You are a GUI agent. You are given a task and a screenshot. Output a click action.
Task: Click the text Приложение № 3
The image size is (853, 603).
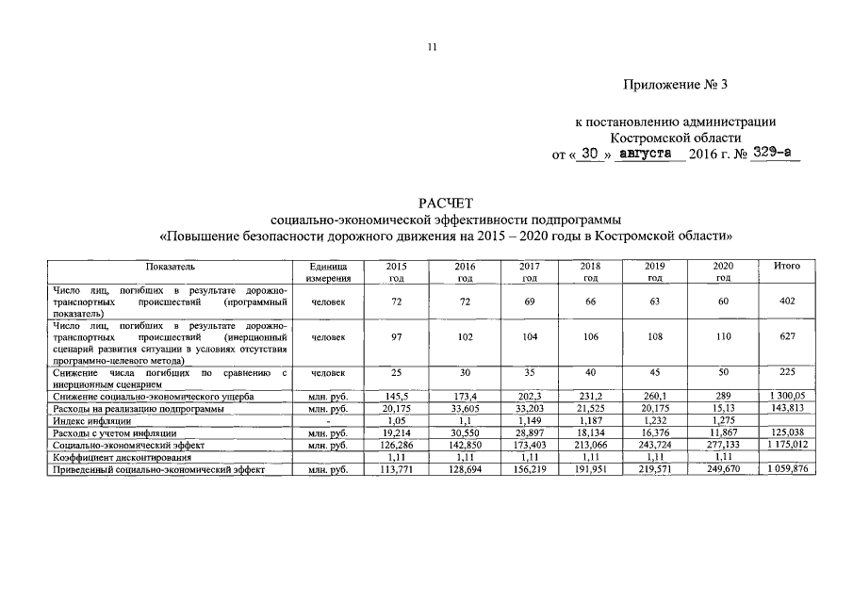tap(676, 85)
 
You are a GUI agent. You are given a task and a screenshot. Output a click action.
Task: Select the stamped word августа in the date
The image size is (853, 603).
tap(649, 152)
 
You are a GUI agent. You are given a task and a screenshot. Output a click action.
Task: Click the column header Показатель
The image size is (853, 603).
tap(171, 267)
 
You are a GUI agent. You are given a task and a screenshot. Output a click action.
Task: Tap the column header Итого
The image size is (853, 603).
tap(787, 267)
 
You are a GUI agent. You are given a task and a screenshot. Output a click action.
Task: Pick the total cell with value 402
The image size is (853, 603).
tap(788, 301)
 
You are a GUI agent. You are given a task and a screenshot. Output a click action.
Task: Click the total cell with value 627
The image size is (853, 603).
tap(788, 336)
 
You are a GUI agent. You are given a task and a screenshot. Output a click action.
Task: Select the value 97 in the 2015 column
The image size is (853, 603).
tap(397, 336)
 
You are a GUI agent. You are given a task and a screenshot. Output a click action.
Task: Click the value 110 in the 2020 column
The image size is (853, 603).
tap(723, 336)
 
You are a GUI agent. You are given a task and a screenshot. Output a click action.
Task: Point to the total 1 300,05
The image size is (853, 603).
tap(788, 398)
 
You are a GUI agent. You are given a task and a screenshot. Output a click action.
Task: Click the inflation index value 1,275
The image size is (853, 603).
tap(723, 421)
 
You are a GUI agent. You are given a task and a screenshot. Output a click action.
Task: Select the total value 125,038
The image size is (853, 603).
tap(788, 433)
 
